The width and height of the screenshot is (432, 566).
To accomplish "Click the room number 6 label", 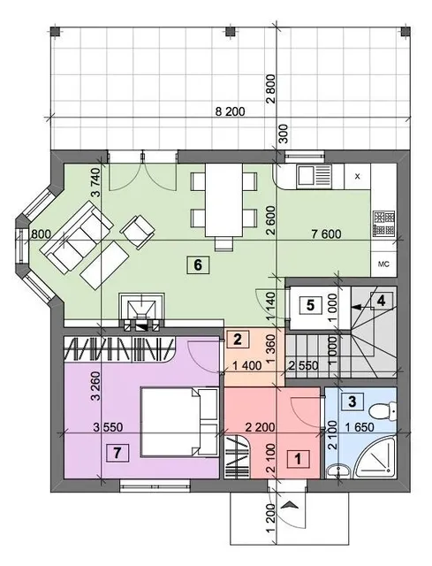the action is pos(198,265).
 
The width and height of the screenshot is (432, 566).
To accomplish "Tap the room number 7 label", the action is pos(117,453).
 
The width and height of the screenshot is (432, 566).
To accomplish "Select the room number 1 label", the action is pos(298,459).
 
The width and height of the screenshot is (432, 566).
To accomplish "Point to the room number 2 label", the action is pos(237,340).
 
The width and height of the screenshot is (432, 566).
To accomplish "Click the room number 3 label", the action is pos(352,402).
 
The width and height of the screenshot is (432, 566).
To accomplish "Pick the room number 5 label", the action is pos(310,305).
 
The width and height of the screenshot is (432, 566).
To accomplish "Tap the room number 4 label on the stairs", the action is pos(381,300).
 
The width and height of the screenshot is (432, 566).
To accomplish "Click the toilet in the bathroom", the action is pos(383,410).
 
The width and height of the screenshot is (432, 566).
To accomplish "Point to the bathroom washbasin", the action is pos(338,470).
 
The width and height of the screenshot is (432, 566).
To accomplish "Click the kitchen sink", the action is pos(314,177).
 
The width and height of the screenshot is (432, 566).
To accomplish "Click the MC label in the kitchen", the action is pos(383,264).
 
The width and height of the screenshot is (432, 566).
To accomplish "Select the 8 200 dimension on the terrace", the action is pos(230,111).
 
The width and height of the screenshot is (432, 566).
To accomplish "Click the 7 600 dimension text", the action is pos(326,233).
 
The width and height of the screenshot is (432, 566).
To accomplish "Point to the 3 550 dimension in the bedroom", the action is pos(108,427).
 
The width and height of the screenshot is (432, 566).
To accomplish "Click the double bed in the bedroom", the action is pos(179,423).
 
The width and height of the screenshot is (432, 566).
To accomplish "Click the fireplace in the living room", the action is pos(142,312).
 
